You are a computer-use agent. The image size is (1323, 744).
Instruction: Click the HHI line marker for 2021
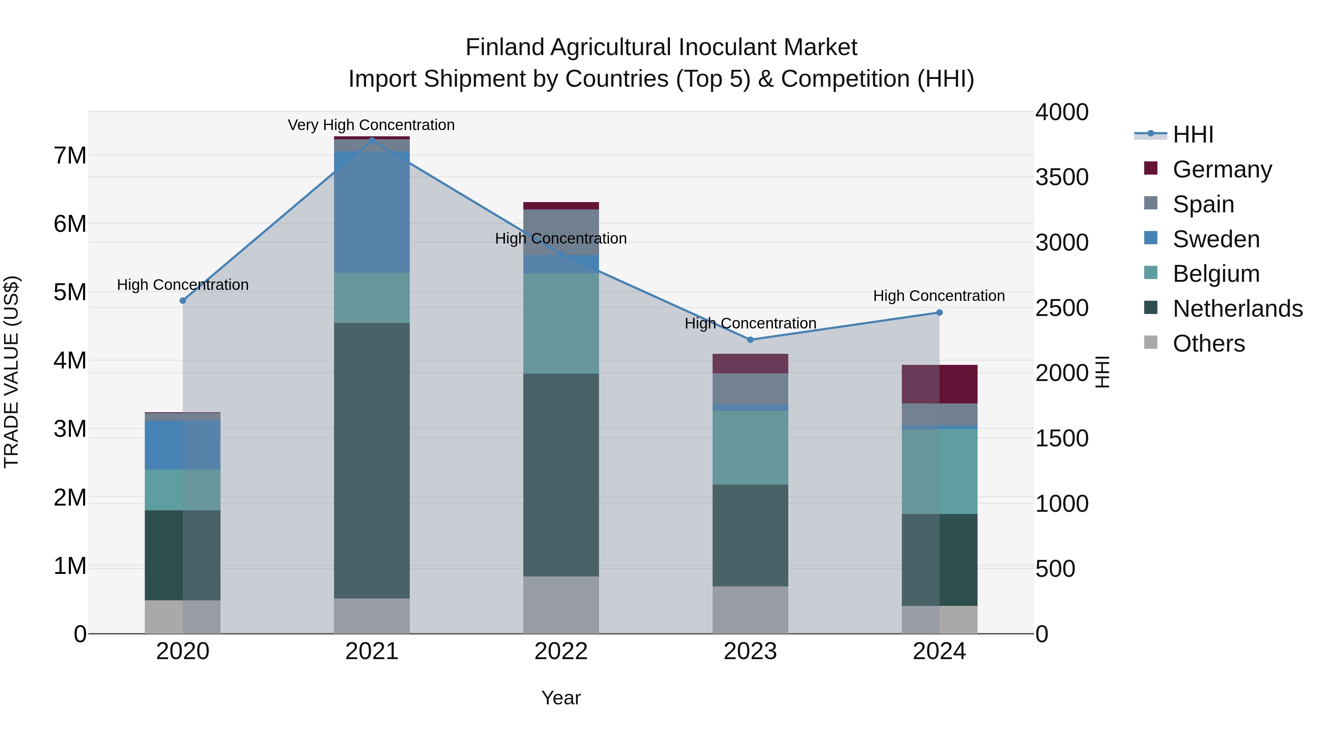pos(372,140)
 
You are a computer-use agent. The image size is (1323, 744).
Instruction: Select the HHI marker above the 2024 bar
pos(939,312)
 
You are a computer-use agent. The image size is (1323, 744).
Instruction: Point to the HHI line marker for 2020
pos(183,301)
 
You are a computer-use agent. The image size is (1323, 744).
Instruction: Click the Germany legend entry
pos(1222,169)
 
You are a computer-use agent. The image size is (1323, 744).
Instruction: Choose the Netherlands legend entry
pos(1237,309)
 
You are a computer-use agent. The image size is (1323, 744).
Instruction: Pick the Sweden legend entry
pos(1216,239)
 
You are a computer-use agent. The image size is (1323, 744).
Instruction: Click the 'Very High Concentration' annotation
pos(371,125)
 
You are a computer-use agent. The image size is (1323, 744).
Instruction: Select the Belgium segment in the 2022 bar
pos(561,323)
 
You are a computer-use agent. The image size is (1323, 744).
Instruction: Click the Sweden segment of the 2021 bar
pos(372,212)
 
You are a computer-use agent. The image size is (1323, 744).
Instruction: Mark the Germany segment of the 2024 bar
pos(939,384)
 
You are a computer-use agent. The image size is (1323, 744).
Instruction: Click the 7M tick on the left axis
pos(70,155)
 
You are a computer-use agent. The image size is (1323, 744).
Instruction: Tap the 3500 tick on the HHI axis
pos(1062,177)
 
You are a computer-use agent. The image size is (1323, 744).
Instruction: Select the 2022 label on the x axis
pos(561,651)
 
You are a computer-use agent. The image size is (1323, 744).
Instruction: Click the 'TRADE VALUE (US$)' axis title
pos(11,372)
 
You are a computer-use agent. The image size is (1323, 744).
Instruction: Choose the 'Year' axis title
pos(561,698)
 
